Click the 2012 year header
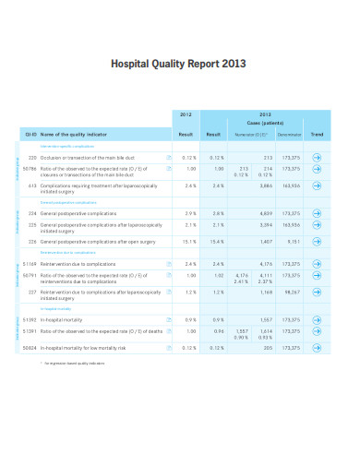pyautogui.click(x=185, y=114)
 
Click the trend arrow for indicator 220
pyautogui.click(x=318, y=158)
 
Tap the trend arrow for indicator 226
pyautogui.click(x=318, y=242)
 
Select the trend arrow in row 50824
pyautogui.click(x=318, y=347)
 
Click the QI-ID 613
pyautogui.click(x=31, y=185)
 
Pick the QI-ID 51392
pyautogui.click(x=30, y=320)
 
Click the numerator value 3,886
pyautogui.click(x=266, y=185)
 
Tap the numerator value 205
pyautogui.click(x=268, y=347)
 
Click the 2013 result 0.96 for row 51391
pyautogui.click(x=219, y=330)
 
